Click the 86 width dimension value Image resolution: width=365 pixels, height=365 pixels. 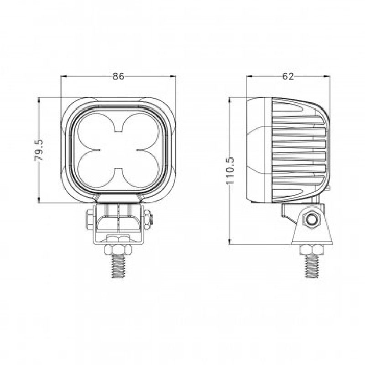click(x=118, y=77)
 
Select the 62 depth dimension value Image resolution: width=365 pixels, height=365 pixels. click(x=287, y=77)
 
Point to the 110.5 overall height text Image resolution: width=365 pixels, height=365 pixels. click(x=230, y=171)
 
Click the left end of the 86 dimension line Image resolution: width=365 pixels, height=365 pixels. click(x=62, y=77)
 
